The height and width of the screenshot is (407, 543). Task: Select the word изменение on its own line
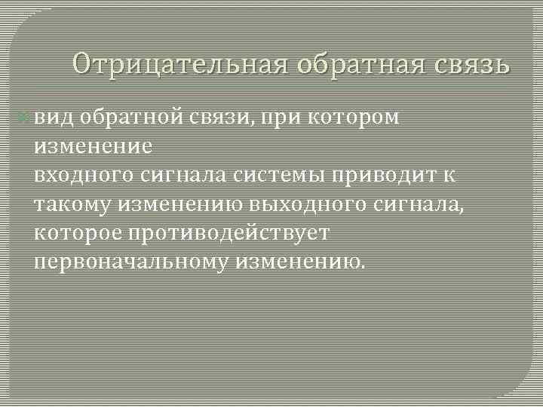(93, 145)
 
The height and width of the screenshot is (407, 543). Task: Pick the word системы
(275, 175)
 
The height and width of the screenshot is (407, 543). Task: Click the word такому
(69, 204)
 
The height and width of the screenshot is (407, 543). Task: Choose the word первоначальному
(130, 262)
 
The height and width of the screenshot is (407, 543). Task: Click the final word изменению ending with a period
(301, 262)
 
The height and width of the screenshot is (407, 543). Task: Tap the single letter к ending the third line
(449, 175)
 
